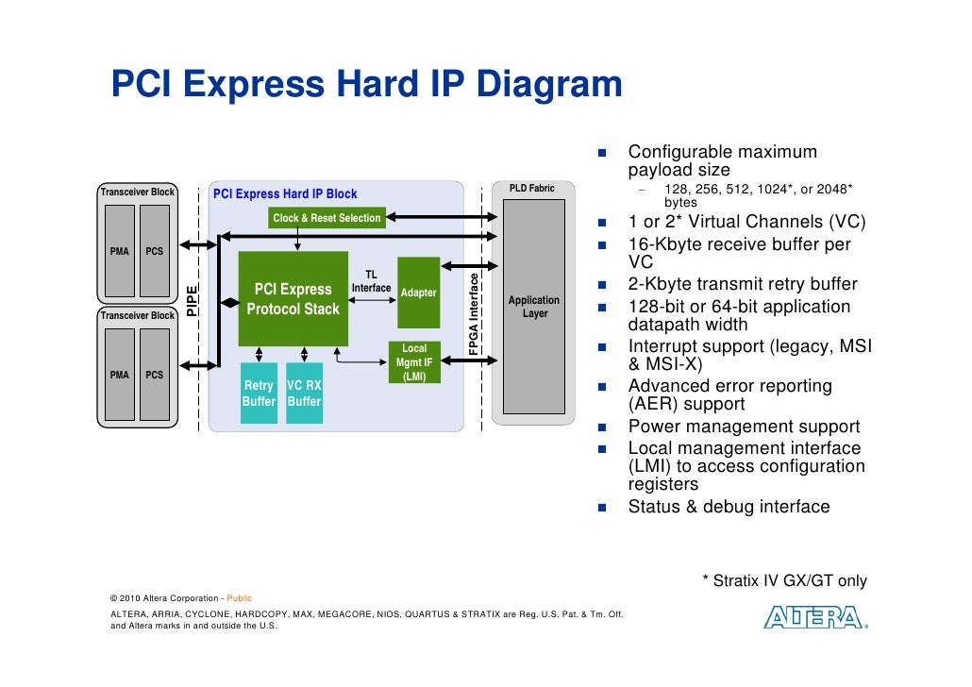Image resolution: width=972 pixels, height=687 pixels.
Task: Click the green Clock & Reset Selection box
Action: pyautogui.click(x=327, y=218)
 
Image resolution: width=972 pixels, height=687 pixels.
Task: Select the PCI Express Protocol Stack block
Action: pyautogui.click(x=293, y=298)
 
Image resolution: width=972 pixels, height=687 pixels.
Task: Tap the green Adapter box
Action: pyautogui.click(x=419, y=293)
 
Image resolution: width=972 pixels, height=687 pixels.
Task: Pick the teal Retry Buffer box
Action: pyautogui.click(x=259, y=394)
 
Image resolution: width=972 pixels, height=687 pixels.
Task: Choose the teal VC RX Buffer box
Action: pyautogui.click(x=304, y=394)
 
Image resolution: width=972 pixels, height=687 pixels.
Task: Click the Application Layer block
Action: pyautogui.click(x=534, y=307)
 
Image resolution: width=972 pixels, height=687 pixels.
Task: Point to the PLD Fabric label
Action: pyautogui.click(x=532, y=189)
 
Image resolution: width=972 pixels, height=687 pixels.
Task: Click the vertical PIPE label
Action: pyautogui.click(x=192, y=299)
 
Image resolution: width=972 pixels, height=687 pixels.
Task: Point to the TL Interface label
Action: pyautogui.click(x=371, y=281)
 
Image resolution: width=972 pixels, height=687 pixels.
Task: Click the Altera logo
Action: pyautogui.click(x=813, y=618)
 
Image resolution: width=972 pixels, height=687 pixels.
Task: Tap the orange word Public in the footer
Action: pyautogui.click(x=239, y=598)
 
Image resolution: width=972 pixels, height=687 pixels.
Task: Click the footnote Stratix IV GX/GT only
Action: pyautogui.click(x=784, y=581)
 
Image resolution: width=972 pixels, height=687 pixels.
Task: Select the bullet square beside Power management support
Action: pyautogui.click(x=602, y=427)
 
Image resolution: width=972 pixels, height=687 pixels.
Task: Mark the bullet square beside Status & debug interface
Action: pyautogui.click(x=602, y=508)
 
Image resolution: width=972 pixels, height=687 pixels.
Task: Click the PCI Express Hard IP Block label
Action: pyautogui.click(x=285, y=194)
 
